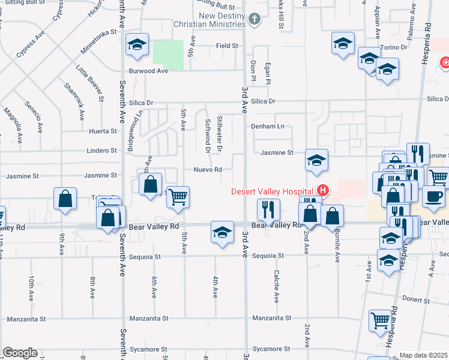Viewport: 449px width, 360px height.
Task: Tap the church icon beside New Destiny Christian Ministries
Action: click(255, 19)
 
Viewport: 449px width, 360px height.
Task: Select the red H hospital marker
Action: click(323, 191)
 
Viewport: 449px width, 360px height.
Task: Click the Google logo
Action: click(20, 353)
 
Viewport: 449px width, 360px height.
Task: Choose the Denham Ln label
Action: click(267, 127)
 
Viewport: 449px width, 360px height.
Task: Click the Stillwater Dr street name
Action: click(220, 133)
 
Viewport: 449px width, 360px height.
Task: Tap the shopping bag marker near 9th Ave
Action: click(65, 199)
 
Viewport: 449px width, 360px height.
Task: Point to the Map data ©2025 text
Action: click(424, 355)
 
